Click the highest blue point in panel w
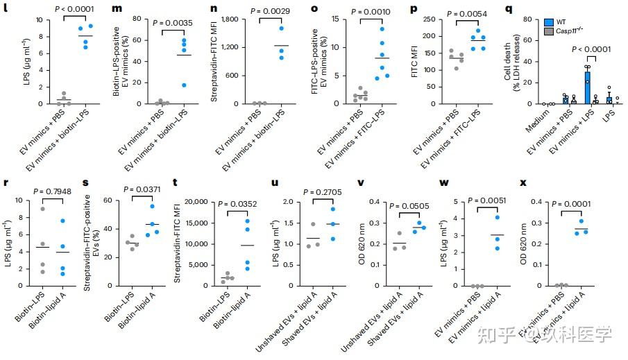coord(498,218)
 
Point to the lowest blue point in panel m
coord(184,85)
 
